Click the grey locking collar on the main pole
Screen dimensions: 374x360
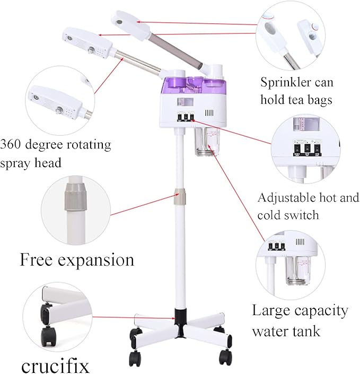coord(181,195)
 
